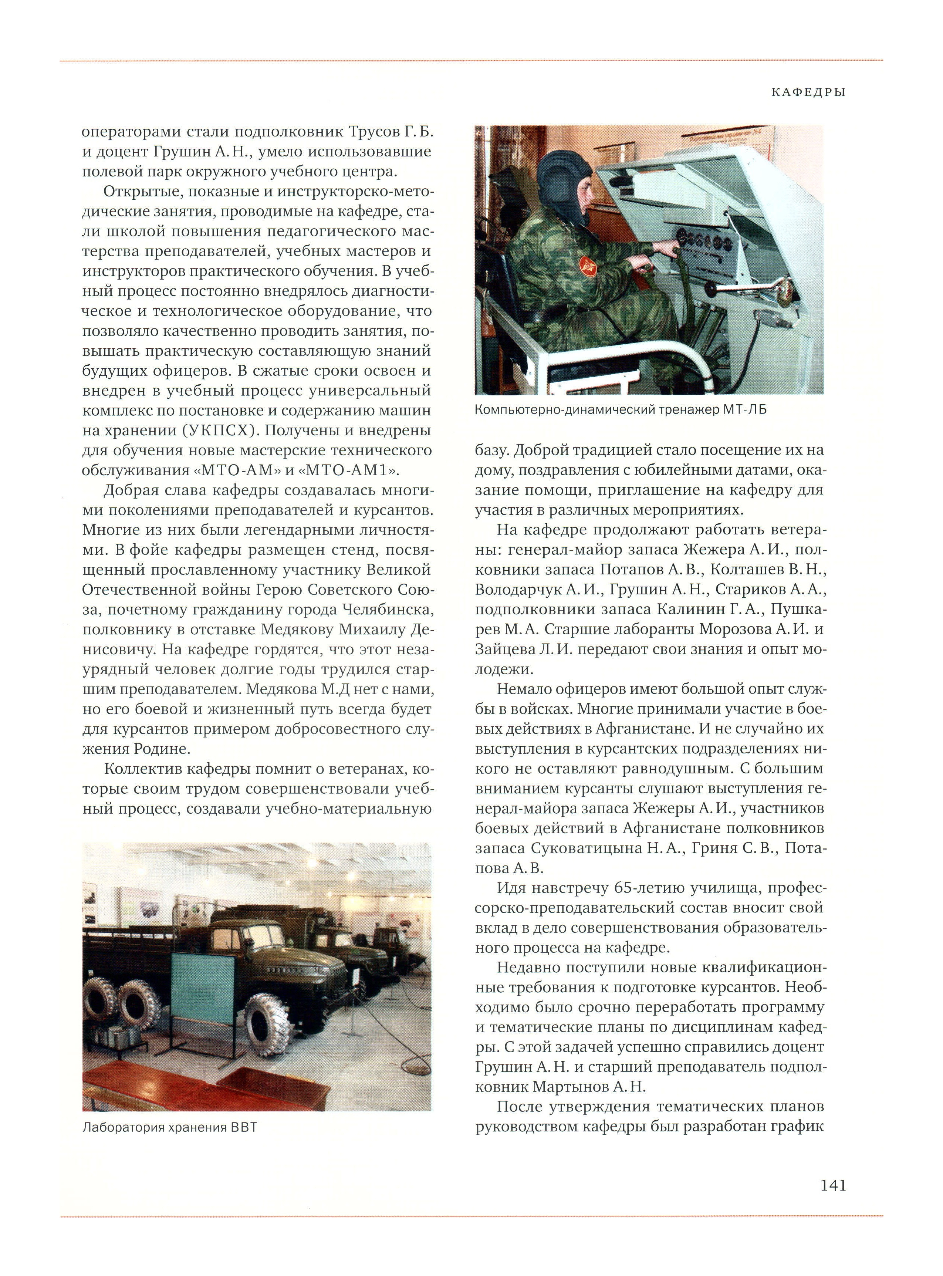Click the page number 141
coord(833,1186)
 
